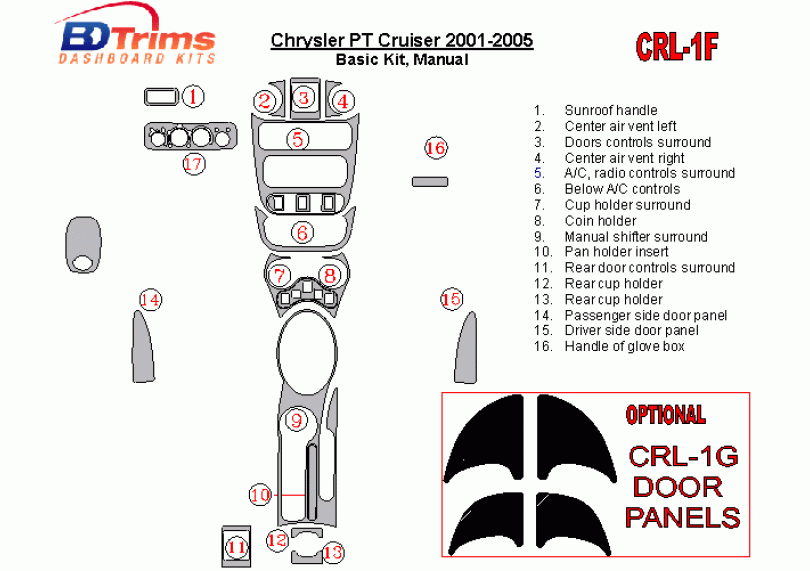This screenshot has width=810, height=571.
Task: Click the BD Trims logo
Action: coord(138,41)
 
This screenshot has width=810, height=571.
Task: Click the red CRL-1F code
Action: coord(678,46)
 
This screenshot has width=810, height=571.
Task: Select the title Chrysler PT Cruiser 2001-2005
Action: coord(401,41)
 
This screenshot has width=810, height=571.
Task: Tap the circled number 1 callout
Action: coord(193,96)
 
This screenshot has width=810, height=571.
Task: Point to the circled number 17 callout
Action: coord(193,163)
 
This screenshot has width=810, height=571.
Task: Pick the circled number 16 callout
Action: coord(435,148)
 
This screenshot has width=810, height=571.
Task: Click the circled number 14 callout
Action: coord(150,298)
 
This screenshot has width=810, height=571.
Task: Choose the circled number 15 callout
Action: coord(451,298)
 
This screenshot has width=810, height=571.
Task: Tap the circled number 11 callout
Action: coord(236,547)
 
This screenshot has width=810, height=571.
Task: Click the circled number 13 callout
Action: coord(332,551)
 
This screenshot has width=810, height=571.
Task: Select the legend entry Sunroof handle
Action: coord(610,110)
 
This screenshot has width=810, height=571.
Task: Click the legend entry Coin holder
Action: coord(600,221)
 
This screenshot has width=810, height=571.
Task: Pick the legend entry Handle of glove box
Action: coord(624,347)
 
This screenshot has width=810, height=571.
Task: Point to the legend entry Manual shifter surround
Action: coord(635,237)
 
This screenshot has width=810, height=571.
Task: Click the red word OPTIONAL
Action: coord(665,415)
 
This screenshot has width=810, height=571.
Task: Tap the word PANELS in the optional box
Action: coord(683,517)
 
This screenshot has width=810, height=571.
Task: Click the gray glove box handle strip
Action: coord(430,181)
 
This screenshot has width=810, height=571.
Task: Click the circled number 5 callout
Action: coord(298,139)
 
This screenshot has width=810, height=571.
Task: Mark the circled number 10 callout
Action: coord(260,494)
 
